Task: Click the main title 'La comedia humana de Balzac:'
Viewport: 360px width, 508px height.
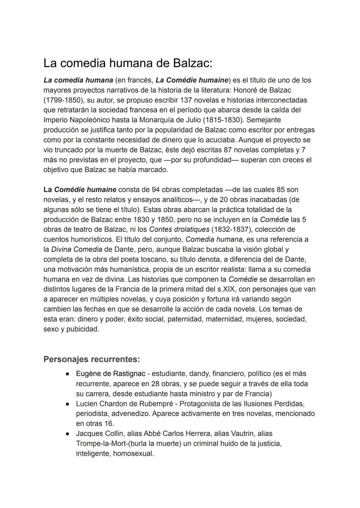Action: [128, 63]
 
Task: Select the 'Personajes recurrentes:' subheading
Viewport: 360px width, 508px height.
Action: [92, 359]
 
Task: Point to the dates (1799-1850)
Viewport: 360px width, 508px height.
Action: [63, 100]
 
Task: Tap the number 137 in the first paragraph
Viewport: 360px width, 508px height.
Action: [186, 100]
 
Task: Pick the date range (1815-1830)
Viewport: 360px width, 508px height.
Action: [223, 120]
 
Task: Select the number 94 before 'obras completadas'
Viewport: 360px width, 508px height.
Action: [156, 190]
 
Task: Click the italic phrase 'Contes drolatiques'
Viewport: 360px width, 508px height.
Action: [179, 230]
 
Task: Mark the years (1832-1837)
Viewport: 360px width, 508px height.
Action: [235, 230]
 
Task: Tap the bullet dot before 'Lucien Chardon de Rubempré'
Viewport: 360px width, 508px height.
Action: [67, 404]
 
